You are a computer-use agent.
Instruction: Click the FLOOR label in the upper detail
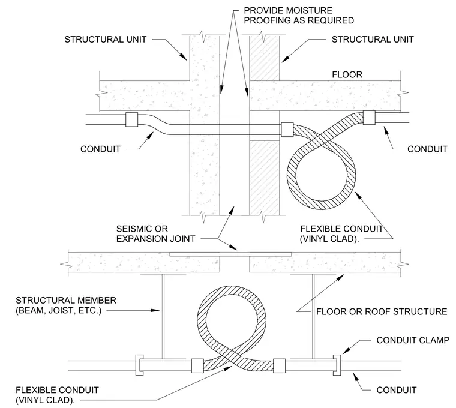point(347,75)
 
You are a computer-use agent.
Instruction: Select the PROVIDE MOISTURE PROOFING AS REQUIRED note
point(299,16)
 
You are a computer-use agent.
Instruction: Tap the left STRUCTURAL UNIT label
point(105,40)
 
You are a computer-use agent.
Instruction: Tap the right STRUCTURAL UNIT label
point(373,40)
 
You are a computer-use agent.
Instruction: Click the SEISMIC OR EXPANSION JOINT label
point(155,234)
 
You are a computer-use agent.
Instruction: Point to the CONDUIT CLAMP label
point(413,340)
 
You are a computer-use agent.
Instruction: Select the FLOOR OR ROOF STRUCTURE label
point(382,312)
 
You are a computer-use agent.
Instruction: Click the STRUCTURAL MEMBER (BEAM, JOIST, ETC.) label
point(66,305)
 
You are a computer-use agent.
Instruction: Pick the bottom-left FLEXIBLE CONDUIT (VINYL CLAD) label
point(57,395)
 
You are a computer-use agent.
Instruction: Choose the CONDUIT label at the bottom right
point(397,390)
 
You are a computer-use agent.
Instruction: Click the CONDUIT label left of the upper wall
point(100,149)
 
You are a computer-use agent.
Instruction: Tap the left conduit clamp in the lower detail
point(139,365)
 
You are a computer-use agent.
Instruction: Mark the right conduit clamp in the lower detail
point(337,365)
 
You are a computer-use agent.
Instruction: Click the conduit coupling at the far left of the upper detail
point(132,119)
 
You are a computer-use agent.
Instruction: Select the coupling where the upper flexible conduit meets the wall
point(287,130)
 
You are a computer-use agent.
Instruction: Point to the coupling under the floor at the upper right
point(369,118)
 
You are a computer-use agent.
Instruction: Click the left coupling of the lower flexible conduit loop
point(197,366)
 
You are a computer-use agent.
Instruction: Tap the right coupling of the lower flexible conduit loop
point(279,366)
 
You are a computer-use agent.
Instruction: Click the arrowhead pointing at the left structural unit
point(183,57)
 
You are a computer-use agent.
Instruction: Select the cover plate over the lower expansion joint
point(230,254)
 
